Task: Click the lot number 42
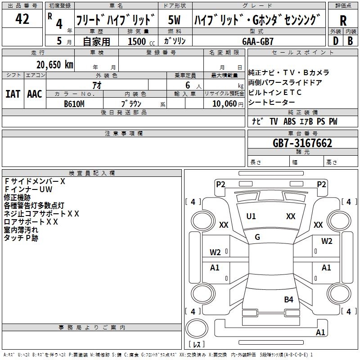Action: click(22, 19)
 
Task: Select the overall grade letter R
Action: click(343, 20)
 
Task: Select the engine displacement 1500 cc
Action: click(137, 41)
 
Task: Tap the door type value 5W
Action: click(174, 20)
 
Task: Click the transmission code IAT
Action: click(13, 94)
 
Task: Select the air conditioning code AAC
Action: click(34, 94)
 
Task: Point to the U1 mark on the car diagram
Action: click(251, 216)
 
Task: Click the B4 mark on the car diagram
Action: click(288, 299)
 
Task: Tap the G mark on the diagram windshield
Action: click(257, 237)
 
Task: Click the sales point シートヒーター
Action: click(270, 102)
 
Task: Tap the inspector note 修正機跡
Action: click(17, 197)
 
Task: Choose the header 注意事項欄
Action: click(123, 134)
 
